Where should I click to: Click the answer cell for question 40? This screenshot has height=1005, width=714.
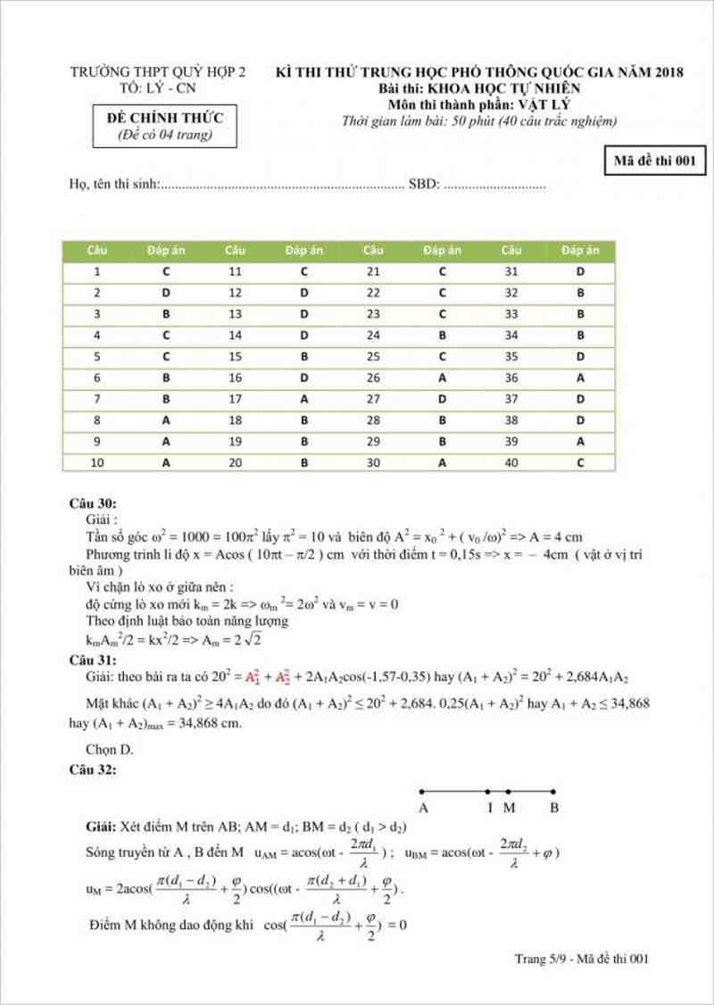[580, 463]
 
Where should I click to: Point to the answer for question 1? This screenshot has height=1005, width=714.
[166, 271]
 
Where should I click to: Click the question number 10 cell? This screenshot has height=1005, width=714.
[96, 463]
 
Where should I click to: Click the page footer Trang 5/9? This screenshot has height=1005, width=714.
[547, 959]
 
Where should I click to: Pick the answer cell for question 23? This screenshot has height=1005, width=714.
[442, 314]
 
